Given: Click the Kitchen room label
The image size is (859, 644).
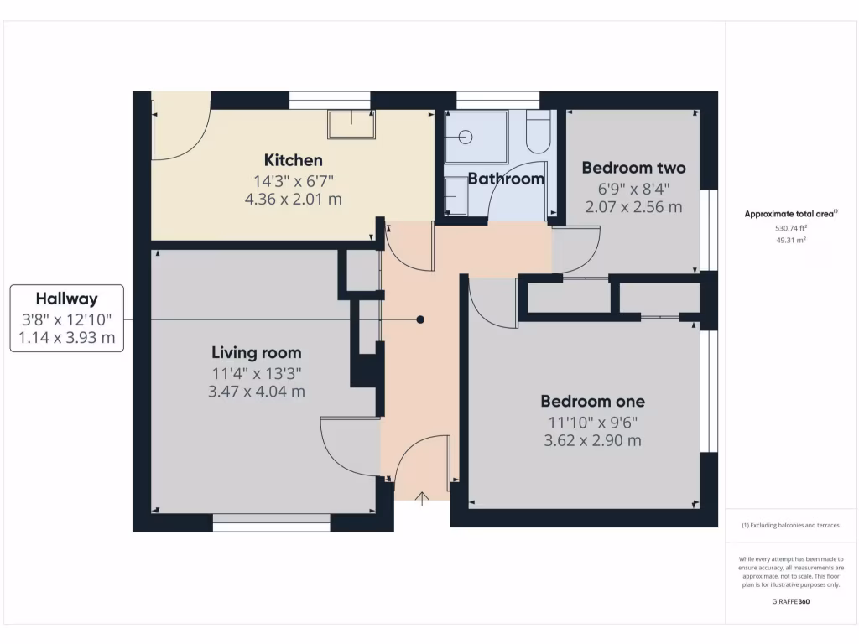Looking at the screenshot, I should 293,160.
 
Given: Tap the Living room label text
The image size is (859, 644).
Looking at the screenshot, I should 256,352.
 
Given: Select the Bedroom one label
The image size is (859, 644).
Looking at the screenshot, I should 592,401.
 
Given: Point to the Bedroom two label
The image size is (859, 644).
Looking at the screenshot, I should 633,168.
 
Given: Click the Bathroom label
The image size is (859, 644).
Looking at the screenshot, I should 506,179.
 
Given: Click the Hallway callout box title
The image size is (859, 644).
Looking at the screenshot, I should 66,299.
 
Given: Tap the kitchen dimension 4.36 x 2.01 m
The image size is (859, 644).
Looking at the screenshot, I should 293,200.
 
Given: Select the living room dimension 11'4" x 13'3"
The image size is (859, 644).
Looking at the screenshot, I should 257,372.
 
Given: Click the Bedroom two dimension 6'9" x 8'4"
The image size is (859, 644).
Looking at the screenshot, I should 633,189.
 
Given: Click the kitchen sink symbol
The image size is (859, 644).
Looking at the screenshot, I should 351,124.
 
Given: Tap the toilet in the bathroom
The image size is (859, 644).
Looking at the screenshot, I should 537,132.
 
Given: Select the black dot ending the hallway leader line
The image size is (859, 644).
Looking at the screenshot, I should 421,319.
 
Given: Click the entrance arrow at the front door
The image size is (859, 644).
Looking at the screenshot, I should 422,497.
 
